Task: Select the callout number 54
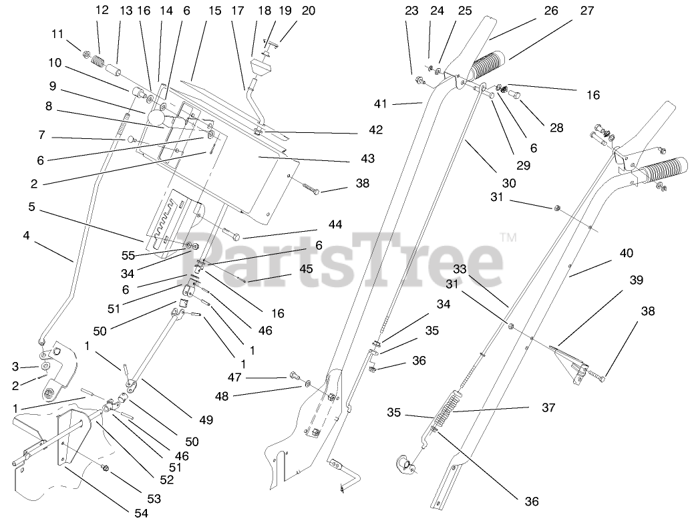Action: [x=141, y=512]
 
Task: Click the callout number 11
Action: [x=58, y=33]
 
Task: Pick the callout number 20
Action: [x=289, y=11]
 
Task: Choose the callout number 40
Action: [x=626, y=254]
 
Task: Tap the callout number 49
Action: [x=206, y=419]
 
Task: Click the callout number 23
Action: [x=411, y=11]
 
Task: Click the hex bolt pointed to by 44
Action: [x=230, y=234]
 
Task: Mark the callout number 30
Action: [x=509, y=183]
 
